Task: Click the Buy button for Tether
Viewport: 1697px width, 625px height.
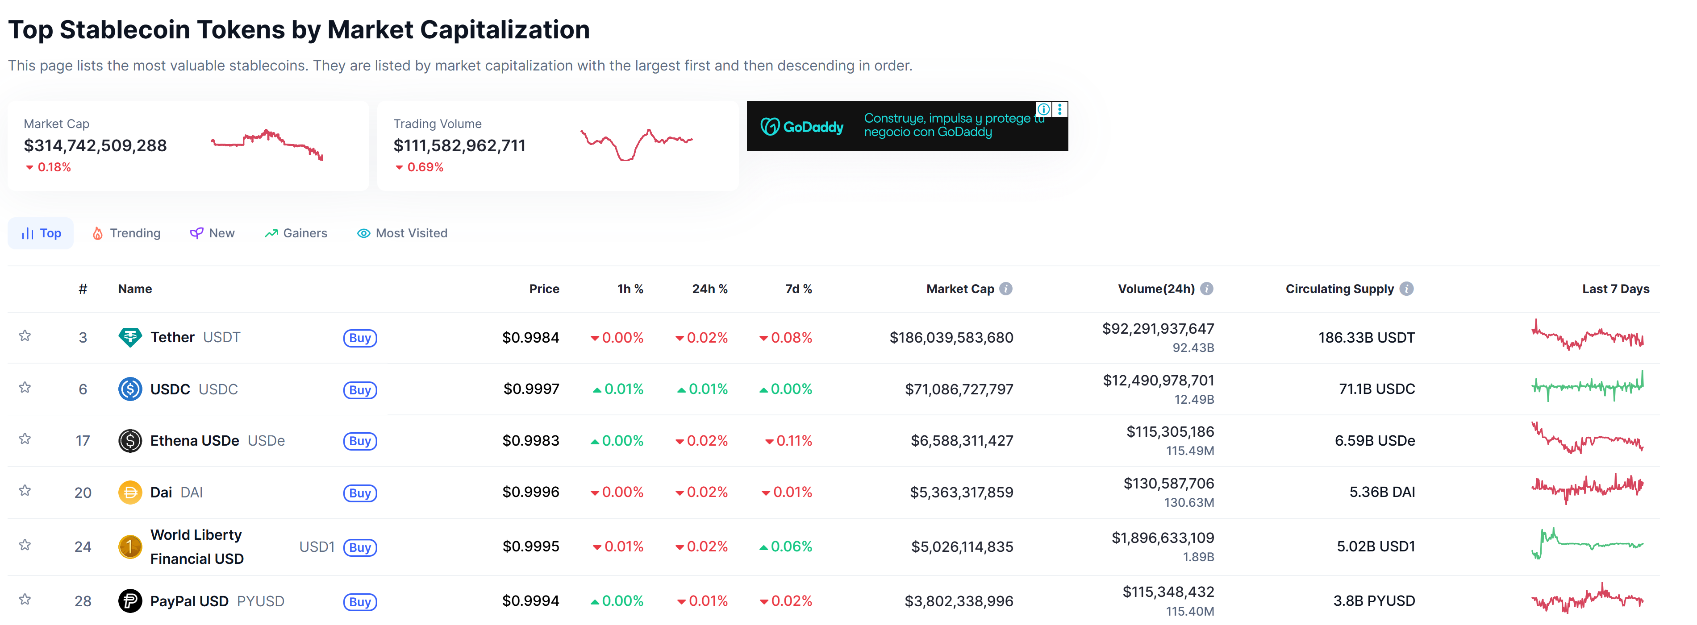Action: coord(360,338)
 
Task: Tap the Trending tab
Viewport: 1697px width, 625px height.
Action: coord(126,233)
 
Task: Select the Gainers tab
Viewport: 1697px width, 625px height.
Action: coord(296,233)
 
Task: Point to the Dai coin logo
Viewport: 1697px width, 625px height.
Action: coord(130,492)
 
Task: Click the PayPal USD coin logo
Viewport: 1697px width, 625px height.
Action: coord(130,600)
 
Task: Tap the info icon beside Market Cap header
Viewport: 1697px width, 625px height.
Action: coord(1006,289)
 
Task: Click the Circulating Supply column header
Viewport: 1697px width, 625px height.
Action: coord(1339,289)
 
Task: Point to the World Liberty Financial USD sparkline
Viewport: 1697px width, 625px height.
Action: coord(1587,544)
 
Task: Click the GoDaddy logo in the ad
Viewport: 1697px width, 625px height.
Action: coord(802,126)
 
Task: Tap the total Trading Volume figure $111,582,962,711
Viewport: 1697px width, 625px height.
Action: coord(459,145)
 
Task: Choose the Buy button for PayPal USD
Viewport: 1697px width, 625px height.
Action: coord(360,601)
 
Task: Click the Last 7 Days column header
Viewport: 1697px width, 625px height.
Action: coord(1615,289)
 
